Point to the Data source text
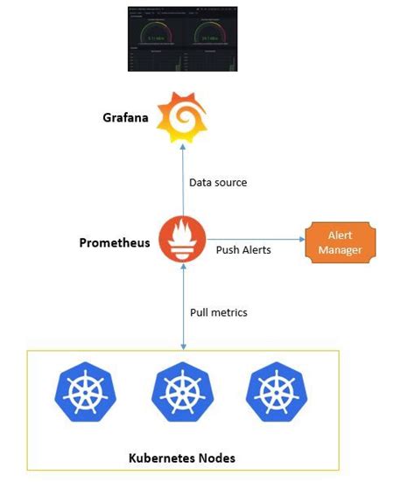click(218, 183)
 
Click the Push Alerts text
click(243, 250)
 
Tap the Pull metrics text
click(219, 312)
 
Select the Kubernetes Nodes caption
click(182, 458)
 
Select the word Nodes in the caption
click(217, 458)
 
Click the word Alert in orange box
click(340, 235)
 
